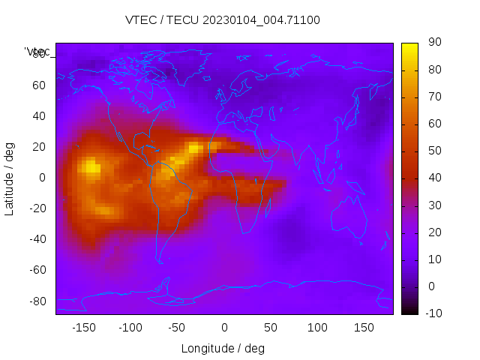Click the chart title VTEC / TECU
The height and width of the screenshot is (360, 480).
tap(223, 20)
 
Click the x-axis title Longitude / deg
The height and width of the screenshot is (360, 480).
tap(223, 348)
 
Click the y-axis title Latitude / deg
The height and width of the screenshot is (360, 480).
tap(10, 178)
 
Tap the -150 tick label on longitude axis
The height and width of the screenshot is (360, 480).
tap(84, 327)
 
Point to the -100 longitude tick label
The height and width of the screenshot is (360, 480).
tap(130, 327)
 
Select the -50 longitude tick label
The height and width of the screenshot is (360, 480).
tap(177, 327)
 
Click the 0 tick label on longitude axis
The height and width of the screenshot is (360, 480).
tap(224, 327)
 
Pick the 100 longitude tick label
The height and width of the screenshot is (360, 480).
tap(317, 327)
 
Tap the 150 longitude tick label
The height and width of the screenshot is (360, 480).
tap(364, 327)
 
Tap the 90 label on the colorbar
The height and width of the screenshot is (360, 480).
tap(433, 43)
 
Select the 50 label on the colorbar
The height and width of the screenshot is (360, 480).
tap(433, 151)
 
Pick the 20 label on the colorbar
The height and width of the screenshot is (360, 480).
tap(433, 232)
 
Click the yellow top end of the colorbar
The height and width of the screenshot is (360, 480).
tap(409, 46)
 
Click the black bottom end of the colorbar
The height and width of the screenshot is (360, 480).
tap(409, 310)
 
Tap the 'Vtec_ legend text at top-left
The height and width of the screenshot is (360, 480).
tap(37, 52)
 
